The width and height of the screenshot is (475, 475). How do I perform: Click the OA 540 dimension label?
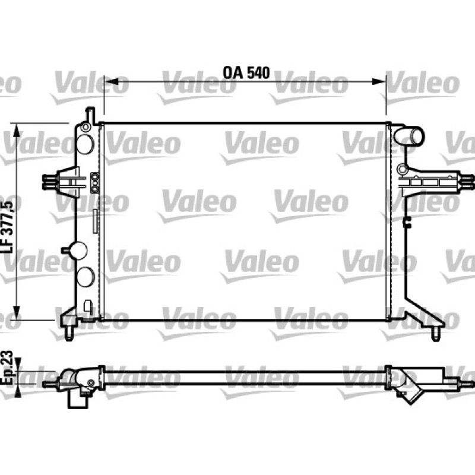246,72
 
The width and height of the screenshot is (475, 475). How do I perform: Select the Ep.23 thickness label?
8,368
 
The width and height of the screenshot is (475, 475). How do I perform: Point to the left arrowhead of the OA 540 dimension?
111,81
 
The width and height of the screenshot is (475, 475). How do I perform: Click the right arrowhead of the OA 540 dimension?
379,81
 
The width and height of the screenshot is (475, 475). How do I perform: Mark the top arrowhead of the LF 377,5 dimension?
17,130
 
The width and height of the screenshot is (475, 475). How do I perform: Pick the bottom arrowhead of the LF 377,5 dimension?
17,313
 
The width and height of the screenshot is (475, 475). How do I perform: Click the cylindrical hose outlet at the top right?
408,136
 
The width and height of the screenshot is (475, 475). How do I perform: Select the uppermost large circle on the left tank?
85,144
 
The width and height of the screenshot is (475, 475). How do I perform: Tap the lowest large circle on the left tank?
85,277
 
